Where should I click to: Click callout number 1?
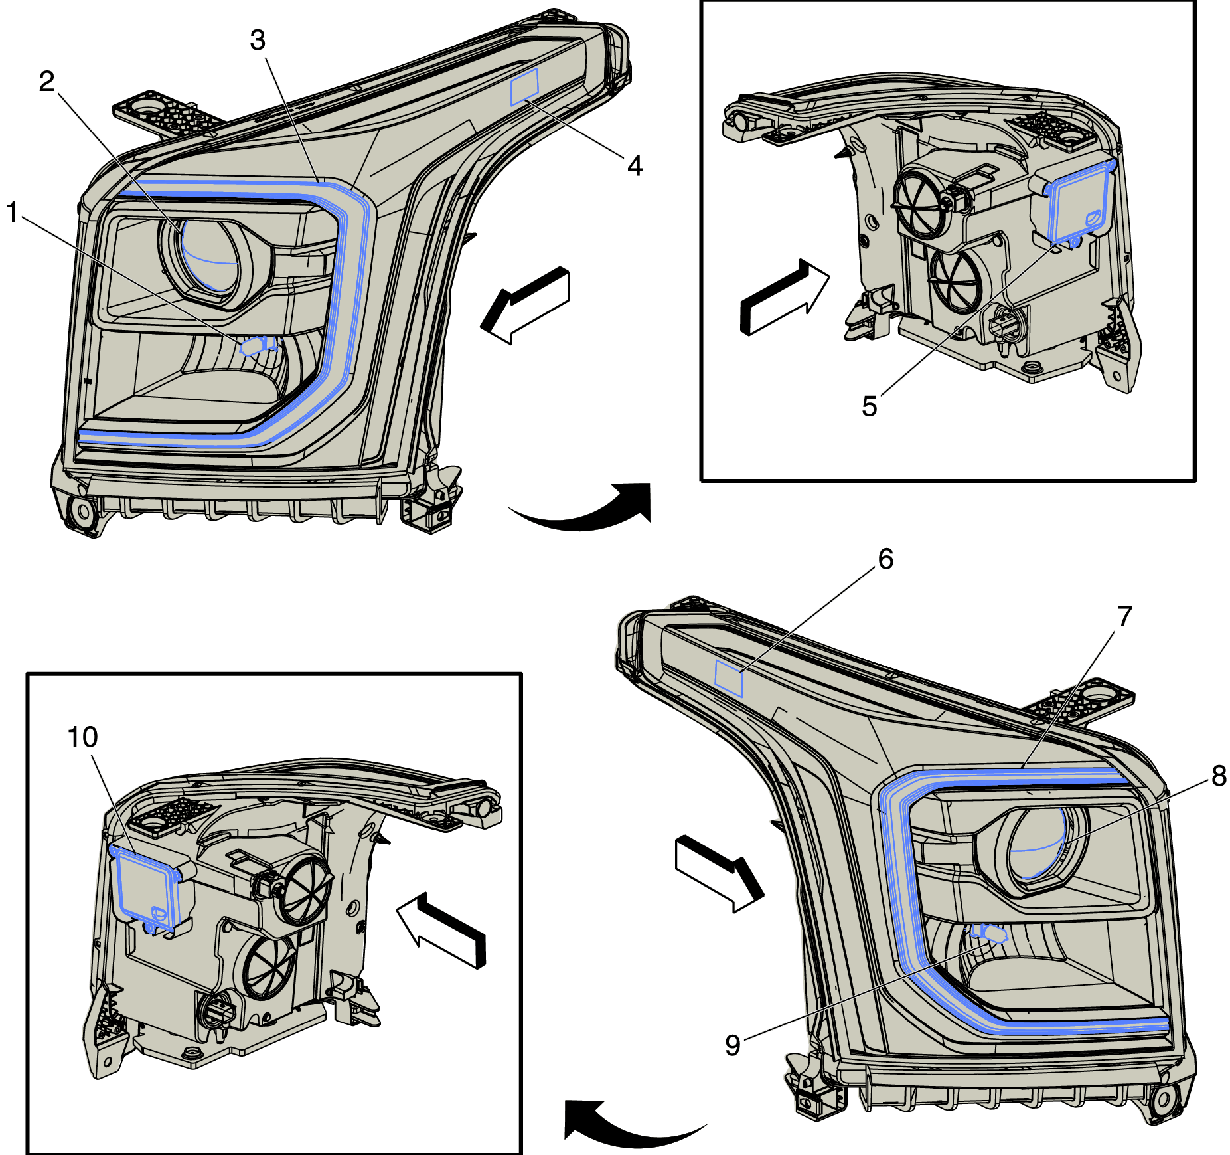(x=13, y=213)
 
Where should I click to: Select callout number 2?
(x=46, y=82)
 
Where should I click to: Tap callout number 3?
(x=258, y=41)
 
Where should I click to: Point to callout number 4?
(x=635, y=166)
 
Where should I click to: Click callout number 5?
(x=870, y=406)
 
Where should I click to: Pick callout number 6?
(x=885, y=559)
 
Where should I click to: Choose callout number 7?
(x=1124, y=617)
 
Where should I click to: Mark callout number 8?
(x=1219, y=776)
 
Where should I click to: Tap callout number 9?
(x=733, y=1045)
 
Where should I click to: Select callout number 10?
(x=83, y=737)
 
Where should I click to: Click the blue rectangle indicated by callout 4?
(x=524, y=87)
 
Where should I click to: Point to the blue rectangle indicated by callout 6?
(x=728, y=679)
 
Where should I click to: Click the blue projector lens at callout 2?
(x=209, y=256)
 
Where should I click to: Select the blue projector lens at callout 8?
(x=1038, y=844)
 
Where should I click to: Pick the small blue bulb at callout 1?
(x=255, y=346)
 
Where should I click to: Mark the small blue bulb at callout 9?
(x=988, y=933)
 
